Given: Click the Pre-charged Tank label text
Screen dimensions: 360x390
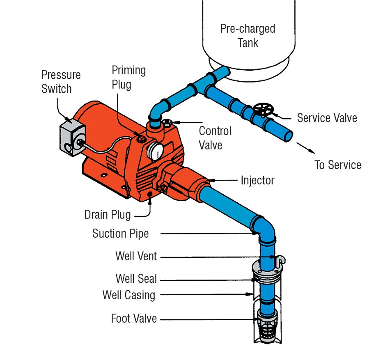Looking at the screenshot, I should point(248,36).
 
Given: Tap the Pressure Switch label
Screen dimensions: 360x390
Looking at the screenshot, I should point(61,82).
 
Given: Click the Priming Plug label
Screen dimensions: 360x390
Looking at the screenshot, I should point(128,78).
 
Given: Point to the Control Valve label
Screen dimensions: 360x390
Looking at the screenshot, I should point(215,138).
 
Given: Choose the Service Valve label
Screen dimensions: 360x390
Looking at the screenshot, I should point(327,118).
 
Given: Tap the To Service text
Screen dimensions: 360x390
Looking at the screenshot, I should point(337,165).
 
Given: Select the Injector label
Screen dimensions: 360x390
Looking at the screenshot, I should point(258,180).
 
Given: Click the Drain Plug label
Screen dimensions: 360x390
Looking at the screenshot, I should point(108,214).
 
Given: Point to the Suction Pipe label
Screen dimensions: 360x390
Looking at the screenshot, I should point(120,234).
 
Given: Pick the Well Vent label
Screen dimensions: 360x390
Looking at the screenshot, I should point(136,256).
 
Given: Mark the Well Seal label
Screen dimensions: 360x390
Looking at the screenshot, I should point(136,279).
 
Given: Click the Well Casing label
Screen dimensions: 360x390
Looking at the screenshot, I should point(128,295).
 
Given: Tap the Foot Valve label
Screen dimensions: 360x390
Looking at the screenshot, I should point(134,318).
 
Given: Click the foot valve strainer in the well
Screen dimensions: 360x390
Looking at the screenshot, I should point(266,328).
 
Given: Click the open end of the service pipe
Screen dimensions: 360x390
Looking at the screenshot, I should point(288,135).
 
